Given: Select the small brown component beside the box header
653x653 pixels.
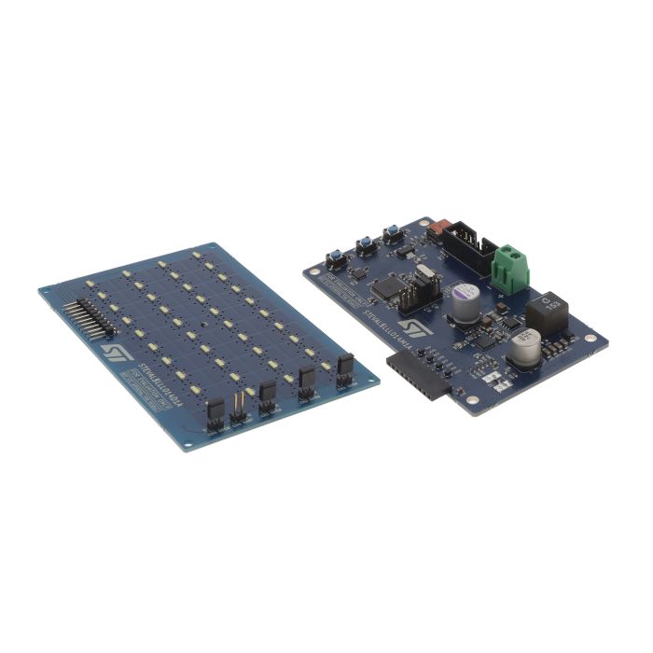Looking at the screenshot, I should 435,228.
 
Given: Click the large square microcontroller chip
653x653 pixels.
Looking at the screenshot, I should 388,286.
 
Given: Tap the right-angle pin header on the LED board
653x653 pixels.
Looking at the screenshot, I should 94,316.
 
